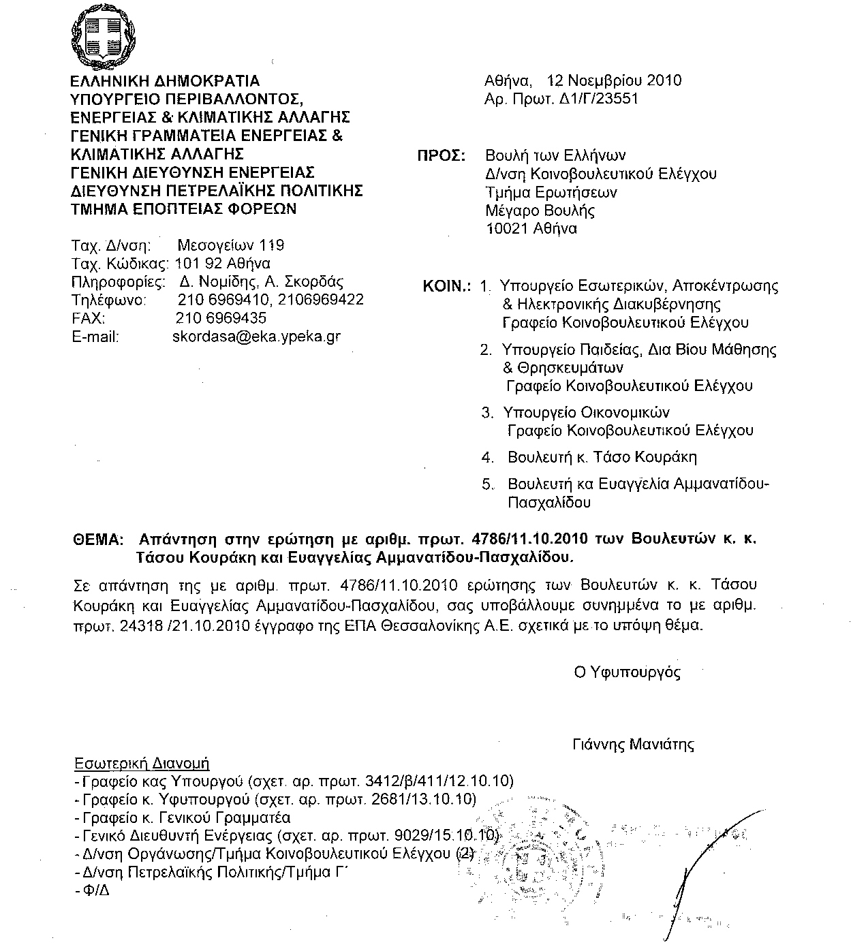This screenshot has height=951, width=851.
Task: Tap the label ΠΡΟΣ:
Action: [x=440, y=155]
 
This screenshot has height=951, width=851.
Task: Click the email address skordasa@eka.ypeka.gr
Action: [x=256, y=337]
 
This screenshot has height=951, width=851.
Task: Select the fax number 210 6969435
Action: [x=221, y=318]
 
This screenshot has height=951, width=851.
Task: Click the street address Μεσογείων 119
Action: [x=230, y=245]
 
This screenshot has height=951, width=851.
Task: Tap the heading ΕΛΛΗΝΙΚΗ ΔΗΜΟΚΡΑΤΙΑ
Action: [x=166, y=81]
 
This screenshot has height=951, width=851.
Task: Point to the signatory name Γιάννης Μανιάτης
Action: [x=633, y=744]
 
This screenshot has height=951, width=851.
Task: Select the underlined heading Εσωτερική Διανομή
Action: [x=142, y=763]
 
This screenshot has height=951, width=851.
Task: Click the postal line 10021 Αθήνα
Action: [x=531, y=229]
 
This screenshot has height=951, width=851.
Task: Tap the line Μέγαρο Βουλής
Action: [x=540, y=211]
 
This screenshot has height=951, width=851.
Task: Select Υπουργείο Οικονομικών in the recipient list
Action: [x=586, y=413]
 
